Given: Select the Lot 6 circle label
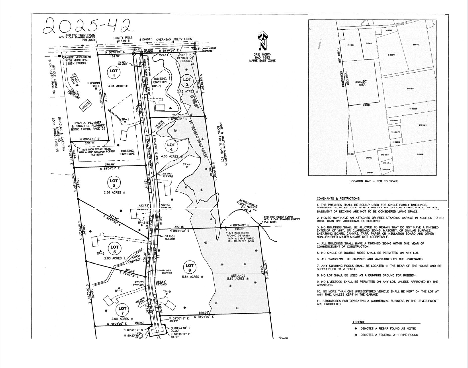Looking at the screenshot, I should click(x=189, y=268).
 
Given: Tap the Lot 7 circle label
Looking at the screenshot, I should click(x=122, y=311).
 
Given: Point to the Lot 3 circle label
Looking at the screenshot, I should click(x=114, y=183).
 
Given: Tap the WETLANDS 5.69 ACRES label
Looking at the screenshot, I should click(x=238, y=277).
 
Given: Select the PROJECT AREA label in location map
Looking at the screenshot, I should click(x=361, y=83).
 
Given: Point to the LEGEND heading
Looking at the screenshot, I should click(x=358, y=322).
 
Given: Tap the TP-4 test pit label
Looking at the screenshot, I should click(x=187, y=165).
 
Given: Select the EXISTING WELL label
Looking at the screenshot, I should click(x=94, y=84).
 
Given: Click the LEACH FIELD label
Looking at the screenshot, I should click(x=75, y=79).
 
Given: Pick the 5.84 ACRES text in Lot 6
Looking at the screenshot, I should click(x=193, y=277).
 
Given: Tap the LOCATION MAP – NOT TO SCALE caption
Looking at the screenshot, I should click(x=374, y=181).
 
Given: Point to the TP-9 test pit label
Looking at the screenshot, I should click(x=167, y=292).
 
